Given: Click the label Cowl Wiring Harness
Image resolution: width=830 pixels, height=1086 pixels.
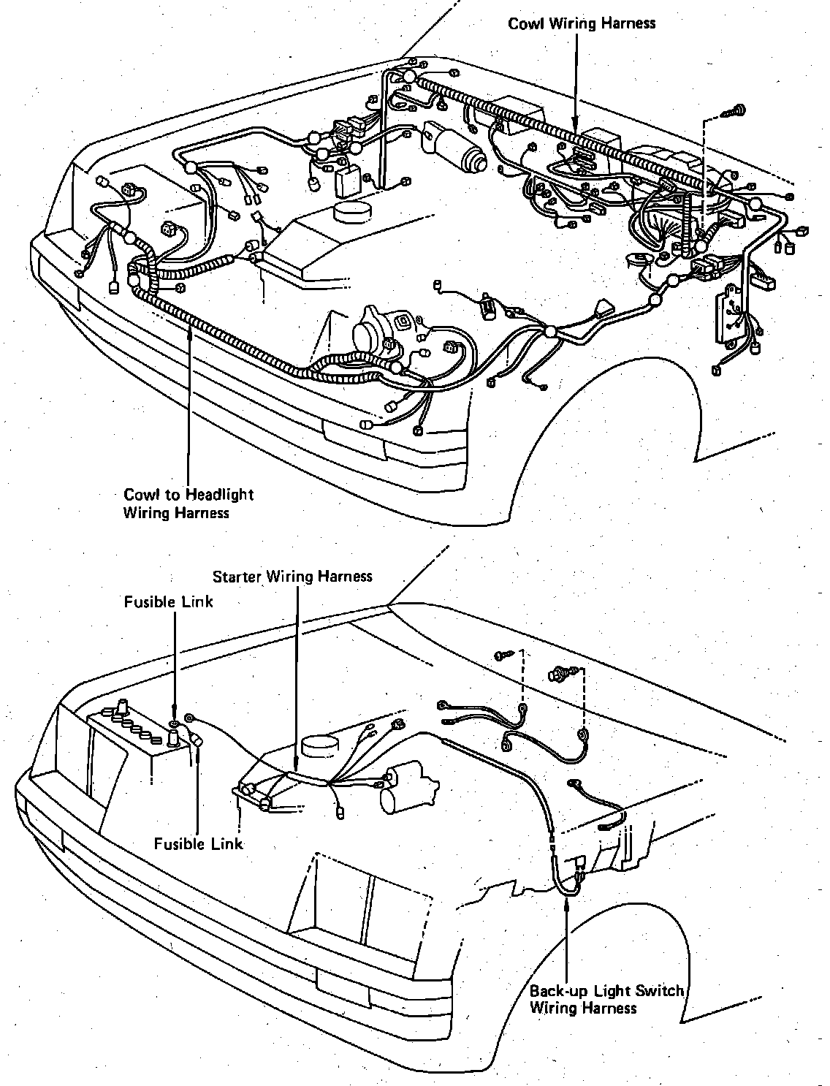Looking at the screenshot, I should coord(582,23).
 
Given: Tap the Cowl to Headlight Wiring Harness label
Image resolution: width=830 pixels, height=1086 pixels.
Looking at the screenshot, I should coord(188,503).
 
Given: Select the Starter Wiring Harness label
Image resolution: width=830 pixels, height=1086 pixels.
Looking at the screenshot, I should coord(292,577).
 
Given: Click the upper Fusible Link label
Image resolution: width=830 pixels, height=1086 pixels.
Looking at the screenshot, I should coord(169,601).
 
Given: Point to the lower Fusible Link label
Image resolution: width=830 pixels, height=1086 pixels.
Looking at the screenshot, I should coord(198,843).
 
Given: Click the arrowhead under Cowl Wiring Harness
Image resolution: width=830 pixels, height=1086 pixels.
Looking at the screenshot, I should coord(576,129).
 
